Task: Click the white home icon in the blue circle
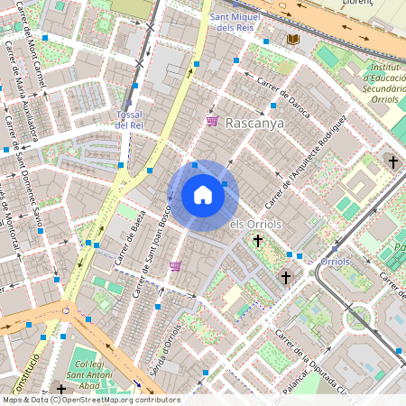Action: (x=203, y=195)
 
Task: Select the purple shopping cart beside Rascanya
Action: (x=212, y=121)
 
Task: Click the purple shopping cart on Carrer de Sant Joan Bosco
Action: (x=175, y=265)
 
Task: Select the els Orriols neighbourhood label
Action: (x=256, y=224)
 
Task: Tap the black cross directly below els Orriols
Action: (x=258, y=241)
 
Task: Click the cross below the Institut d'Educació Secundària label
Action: (x=392, y=161)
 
